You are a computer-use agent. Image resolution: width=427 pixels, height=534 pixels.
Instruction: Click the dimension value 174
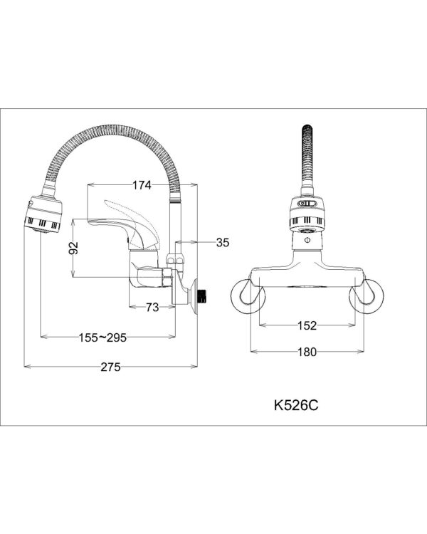click(x=142, y=185)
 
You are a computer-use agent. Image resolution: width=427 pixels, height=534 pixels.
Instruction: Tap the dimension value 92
click(x=73, y=248)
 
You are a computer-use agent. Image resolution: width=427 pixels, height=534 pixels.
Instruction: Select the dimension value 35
click(x=223, y=243)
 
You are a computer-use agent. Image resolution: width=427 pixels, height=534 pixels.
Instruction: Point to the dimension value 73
click(x=152, y=307)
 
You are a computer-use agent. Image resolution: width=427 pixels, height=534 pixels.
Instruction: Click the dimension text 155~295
click(x=102, y=337)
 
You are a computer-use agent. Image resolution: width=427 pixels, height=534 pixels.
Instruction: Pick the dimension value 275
click(x=111, y=367)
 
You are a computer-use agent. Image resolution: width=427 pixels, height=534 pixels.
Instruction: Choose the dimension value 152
click(x=307, y=325)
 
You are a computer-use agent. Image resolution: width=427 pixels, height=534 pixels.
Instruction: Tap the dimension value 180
click(x=307, y=352)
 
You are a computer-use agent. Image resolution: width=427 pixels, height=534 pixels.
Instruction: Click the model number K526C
click(x=296, y=405)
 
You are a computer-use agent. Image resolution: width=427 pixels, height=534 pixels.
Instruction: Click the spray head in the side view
click(x=43, y=214)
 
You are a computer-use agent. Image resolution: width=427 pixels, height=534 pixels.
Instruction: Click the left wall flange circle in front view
click(x=248, y=295)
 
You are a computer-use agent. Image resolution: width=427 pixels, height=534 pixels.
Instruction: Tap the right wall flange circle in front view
click(x=367, y=295)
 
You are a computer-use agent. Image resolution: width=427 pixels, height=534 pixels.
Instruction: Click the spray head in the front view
click(x=307, y=214)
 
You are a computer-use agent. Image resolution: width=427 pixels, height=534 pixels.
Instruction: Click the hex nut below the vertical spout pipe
click(x=175, y=259)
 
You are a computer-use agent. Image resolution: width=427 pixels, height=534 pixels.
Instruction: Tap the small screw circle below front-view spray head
click(x=307, y=241)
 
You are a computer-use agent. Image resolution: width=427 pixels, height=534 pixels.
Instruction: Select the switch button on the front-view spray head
click(x=307, y=204)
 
